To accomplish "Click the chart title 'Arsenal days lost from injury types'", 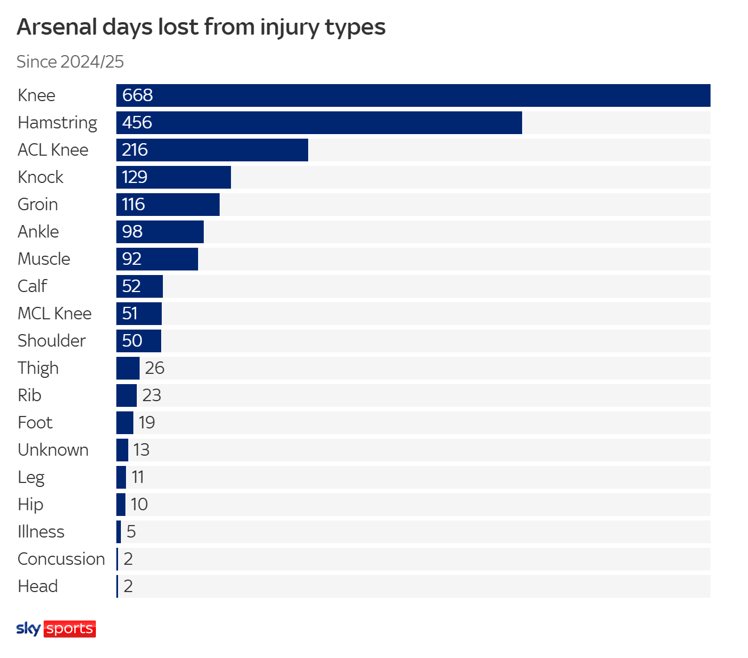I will (201, 27).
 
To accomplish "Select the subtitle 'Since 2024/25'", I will (70, 61).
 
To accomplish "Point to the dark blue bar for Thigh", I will (128, 368).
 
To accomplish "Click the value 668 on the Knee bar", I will (137, 95).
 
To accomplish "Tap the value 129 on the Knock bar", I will (135, 177).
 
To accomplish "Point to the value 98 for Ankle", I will (132, 232).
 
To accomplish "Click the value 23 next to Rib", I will (152, 395).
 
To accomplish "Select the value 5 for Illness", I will (131, 532).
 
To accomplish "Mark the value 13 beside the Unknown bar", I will (141, 450).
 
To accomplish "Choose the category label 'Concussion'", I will (61, 559).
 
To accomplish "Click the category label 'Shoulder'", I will (52, 341).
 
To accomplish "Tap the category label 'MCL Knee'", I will (54, 314).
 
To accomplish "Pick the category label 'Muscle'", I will (44, 259).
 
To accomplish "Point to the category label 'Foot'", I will (35, 423).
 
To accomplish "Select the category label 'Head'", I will (37, 586).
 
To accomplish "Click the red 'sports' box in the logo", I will (70, 628).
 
